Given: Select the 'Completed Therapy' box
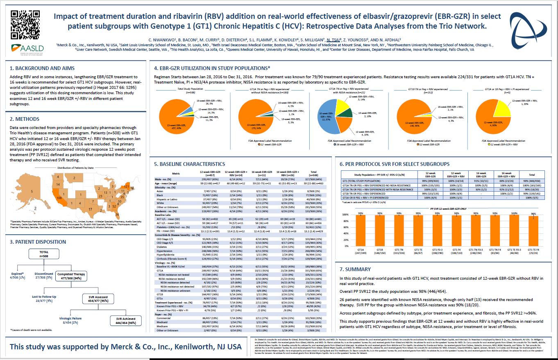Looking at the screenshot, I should [71, 276].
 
